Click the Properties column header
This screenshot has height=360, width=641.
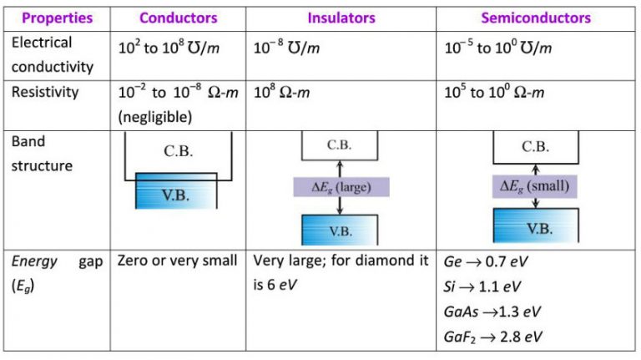54,18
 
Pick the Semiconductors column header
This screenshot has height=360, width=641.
535,18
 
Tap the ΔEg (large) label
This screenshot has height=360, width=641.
341,185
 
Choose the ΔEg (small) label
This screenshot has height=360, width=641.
534,185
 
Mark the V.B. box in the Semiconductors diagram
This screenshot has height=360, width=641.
534,226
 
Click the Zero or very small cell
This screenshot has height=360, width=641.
178,261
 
